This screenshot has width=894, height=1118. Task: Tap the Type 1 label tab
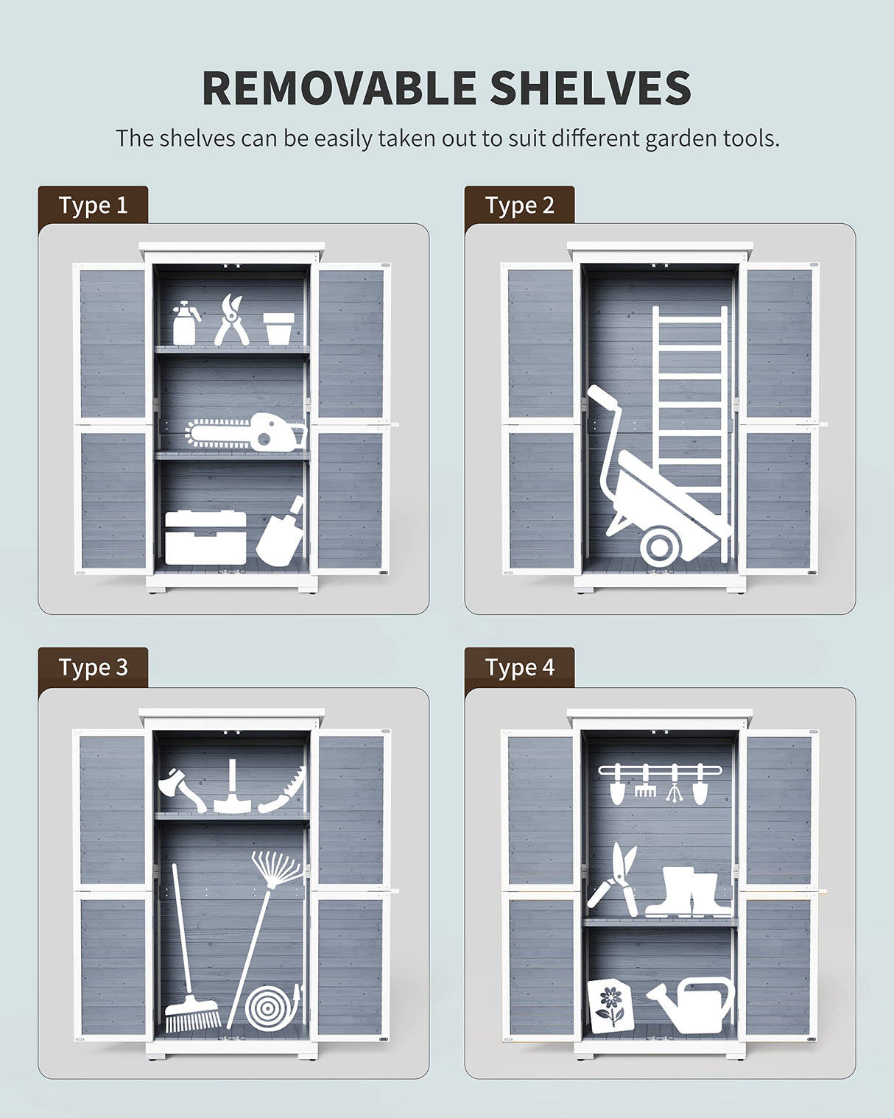(x=93, y=205)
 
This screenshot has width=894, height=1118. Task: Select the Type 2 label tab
(x=519, y=205)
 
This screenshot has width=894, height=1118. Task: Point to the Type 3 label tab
(x=93, y=667)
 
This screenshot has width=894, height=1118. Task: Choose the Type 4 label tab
(x=519, y=667)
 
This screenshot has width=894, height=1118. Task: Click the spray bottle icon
(x=185, y=324)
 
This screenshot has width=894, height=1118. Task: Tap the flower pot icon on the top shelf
(x=279, y=328)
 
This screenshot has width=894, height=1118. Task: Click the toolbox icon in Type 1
(x=205, y=538)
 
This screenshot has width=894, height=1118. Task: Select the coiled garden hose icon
(x=272, y=1008)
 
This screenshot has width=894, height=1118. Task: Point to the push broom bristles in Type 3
(x=191, y=1018)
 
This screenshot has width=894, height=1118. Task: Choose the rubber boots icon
(x=688, y=893)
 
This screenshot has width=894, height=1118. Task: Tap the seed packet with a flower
(x=610, y=1005)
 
